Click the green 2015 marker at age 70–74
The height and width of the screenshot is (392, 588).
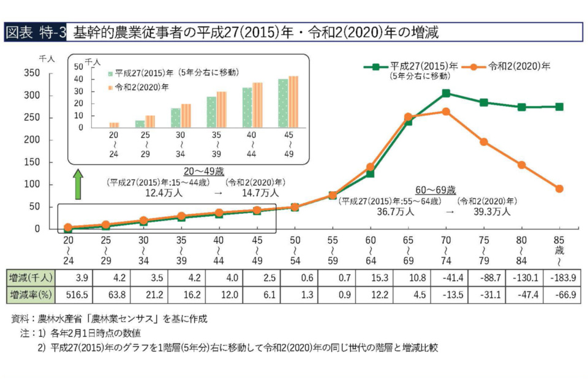[446, 93]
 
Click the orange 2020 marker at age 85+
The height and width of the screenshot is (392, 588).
[559, 189]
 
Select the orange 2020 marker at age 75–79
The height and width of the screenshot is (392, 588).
[484, 141]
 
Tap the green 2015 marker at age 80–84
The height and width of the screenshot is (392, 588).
[521, 107]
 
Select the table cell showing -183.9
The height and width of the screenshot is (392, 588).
[559, 277]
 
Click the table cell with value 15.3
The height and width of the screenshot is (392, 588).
[371, 277]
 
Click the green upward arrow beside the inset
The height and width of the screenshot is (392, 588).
[78, 185]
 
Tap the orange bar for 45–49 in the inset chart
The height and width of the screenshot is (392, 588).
[293, 102]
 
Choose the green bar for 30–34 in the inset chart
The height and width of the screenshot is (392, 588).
[176, 118]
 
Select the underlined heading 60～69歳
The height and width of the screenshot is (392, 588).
[435, 190]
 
